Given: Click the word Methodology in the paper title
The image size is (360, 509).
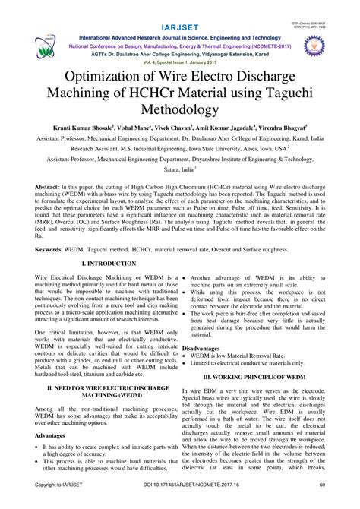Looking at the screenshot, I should coord(180,111).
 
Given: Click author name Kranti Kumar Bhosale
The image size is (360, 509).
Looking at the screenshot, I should coord(84,130).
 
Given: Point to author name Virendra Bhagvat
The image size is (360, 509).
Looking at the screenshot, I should coord(280,130).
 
